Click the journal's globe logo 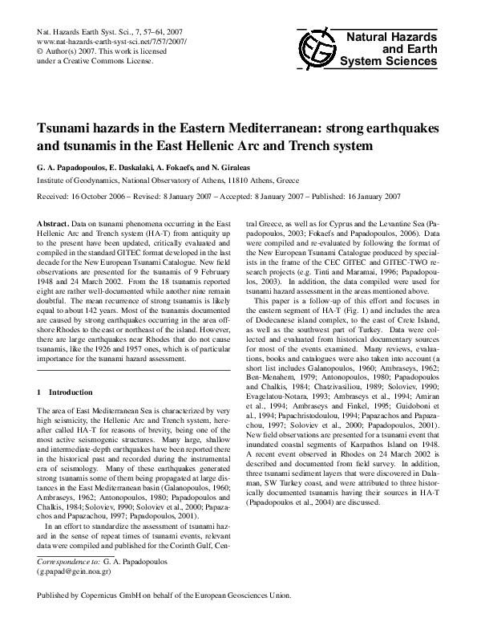coord(313,47)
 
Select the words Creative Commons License coord(111,58)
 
